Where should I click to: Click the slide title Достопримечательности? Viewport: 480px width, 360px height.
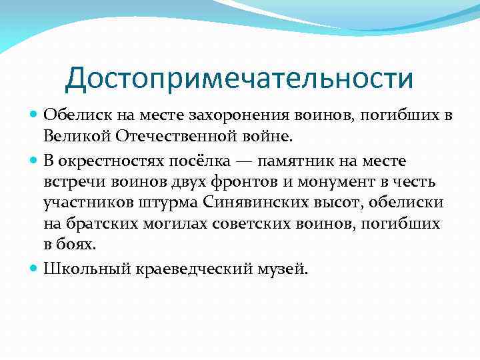coord(239,79)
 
